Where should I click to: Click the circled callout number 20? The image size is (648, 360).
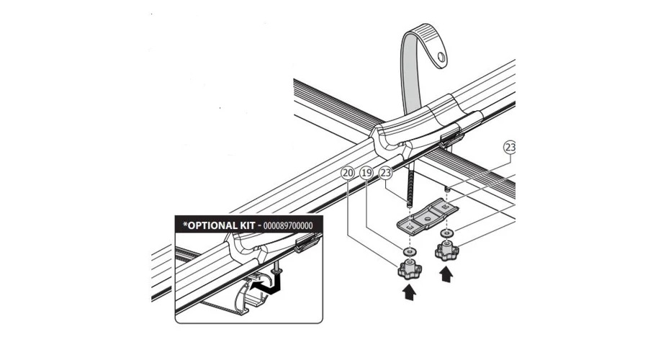[348, 174]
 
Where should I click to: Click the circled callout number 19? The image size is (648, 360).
[366, 174]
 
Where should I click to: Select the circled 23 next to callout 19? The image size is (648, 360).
[386, 174]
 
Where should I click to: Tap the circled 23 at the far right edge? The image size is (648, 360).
[510, 148]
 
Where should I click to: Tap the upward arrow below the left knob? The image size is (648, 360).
[409, 291]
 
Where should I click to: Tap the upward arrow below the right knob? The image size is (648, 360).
[447, 274]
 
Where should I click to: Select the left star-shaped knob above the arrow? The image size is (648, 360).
[408, 269]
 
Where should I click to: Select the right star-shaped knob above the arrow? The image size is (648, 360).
[446, 251]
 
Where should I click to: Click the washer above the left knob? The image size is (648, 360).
[408, 252]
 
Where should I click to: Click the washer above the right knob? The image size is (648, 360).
[446, 235]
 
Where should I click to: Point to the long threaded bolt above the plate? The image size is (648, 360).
[409, 186]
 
